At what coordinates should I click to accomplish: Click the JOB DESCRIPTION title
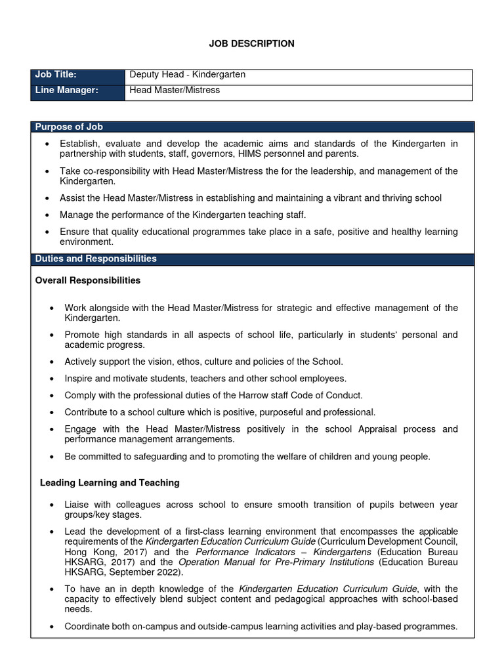[x=251, y=43]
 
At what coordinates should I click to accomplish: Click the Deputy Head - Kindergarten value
[x=187, y=75]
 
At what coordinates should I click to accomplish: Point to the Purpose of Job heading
[x=69, y=127]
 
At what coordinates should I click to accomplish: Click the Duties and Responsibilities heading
[x=96, y=259]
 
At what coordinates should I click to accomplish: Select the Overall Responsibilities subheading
[x=87, y=280]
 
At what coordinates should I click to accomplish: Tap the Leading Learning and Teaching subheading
[x=110, y=482]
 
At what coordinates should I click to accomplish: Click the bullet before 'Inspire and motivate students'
[x=52, y=379]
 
